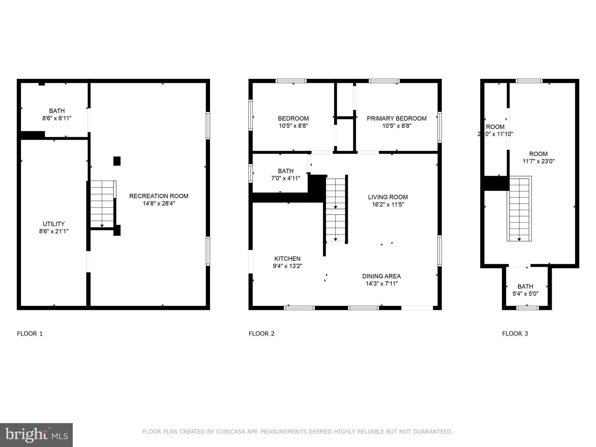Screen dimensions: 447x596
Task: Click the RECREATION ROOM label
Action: (x=159, y=196)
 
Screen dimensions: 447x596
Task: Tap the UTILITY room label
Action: (x=54, y=224)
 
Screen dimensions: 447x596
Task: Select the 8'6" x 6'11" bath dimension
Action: (x=57, y=118)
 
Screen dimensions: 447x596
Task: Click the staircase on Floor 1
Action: (x=102, y=204)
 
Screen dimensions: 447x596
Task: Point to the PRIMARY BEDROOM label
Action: (x=396, y=118)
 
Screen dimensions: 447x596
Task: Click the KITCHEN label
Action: (x=287, y=258)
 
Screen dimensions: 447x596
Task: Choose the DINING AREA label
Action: (x=381, y=276)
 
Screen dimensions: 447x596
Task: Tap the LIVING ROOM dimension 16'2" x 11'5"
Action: (x=388, y=204)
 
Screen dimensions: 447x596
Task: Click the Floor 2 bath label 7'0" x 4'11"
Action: (x=285, y=178)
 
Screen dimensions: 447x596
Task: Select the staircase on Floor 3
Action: (x=519, y=209)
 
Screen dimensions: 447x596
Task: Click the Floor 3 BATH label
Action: (x=525, y=286)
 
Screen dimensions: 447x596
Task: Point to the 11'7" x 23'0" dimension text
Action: (x=538, y=161)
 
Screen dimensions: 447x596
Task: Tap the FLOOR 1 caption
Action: (x=30, y=334)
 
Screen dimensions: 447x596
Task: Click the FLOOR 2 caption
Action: (x=261, y=334)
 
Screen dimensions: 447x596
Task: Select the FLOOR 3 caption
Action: (x=515, y=334)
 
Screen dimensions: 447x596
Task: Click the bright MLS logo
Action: (x=36, y=435)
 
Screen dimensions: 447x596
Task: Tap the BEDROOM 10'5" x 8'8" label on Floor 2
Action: (x=293, y=122)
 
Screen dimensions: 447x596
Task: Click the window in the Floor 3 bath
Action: (x=527, y=308)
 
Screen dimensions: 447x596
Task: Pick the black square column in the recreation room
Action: (x=117, y=161)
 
